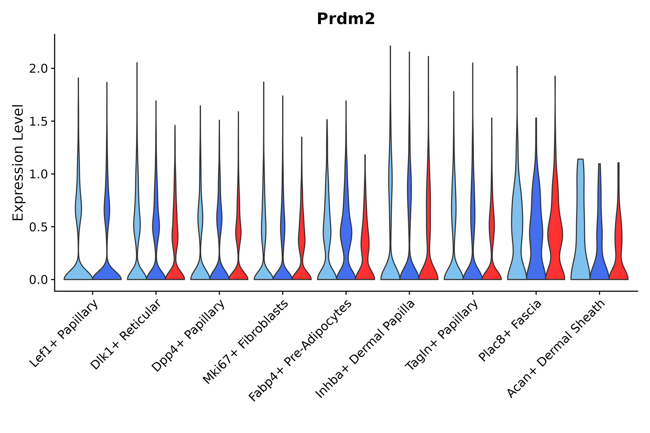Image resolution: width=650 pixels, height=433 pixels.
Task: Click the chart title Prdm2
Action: point(346,19)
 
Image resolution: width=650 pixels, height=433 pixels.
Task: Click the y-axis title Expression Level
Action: point(18,162)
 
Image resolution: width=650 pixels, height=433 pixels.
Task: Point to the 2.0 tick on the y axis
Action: point(39,69)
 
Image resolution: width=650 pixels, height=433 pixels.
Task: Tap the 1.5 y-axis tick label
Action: point(39,121)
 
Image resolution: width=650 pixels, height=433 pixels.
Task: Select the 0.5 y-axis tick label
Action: point(39,227)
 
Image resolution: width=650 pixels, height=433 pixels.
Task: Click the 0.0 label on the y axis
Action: point(39,280)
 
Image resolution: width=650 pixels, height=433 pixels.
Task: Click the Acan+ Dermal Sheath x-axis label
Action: point(556,349)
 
